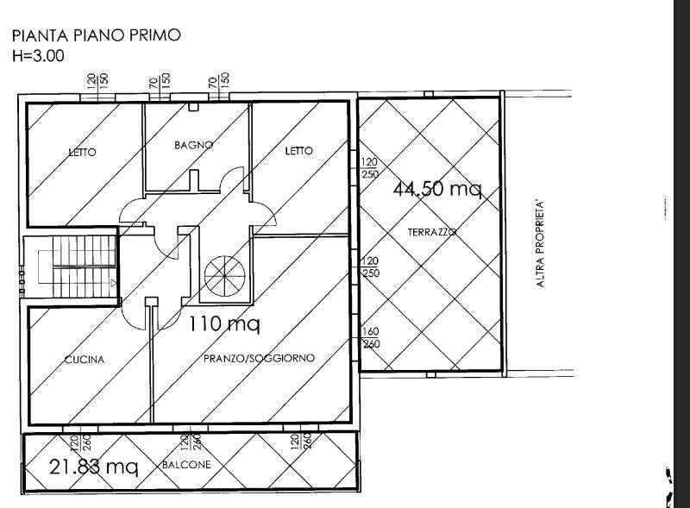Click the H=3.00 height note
(38, 56)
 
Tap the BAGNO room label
(193, 145)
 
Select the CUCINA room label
(85, 360)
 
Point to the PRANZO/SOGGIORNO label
(259, 357)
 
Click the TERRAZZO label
(431, 232)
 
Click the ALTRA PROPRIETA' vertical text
(542, 244)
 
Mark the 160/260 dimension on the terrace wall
(369, 338)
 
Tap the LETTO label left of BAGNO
(83, 153)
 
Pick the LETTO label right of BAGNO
(298, 151)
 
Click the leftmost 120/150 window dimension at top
(97, 81)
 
